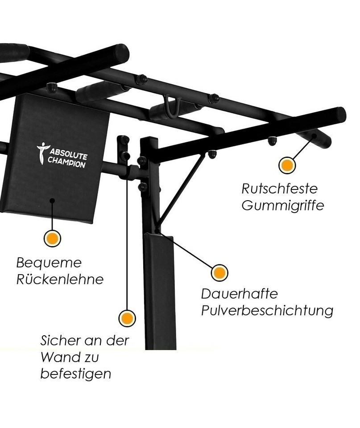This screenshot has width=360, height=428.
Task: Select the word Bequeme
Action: click(x=49, y=263)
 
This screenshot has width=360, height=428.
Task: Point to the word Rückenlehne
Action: click(x=60, y=280)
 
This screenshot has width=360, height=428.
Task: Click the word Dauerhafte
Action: click(x=240, y=294)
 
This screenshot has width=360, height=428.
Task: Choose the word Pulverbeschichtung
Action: click(x=267, y=311)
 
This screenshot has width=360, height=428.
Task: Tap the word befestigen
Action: click(x=75, y=374)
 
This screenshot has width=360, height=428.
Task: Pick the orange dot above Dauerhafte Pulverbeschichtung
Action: click(x=219, y=272)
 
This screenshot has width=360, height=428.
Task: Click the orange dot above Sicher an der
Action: click(x=127, y=318)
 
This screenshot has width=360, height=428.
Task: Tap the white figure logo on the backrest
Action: click(x=42, y=153)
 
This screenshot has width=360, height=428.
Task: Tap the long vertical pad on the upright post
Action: click(x=159, y=290)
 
